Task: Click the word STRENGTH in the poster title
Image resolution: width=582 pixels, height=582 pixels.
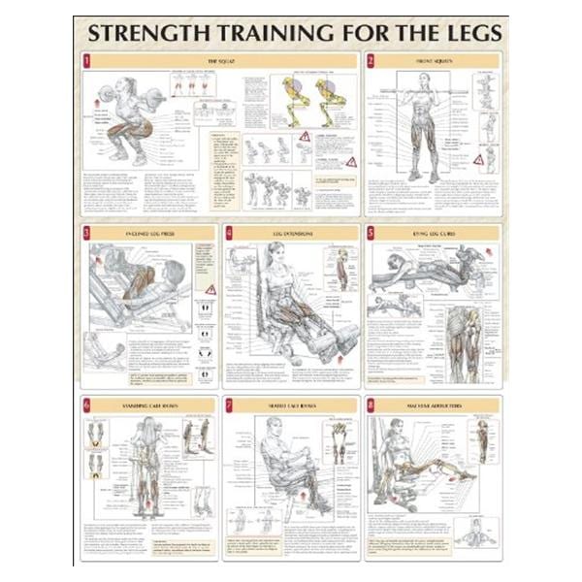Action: click(148, 35)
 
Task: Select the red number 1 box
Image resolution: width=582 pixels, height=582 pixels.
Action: click(87, 60)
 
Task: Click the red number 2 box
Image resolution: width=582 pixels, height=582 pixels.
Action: click(371, 60)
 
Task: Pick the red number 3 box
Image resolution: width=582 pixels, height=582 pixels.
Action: click(87, 234)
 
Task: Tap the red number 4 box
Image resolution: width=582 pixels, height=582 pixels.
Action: click(229, 234)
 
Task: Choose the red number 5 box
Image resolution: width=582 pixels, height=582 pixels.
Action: click(371, 234)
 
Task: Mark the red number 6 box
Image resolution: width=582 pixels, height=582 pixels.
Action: click(87, 404)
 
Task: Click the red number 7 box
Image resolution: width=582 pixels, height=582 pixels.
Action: click(229, 404)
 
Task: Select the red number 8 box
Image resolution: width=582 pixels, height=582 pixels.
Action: click(371, 404)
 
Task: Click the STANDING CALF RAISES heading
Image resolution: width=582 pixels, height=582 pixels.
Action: click(145, 404)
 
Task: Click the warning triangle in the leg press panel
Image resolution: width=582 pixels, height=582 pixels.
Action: click(210, 288)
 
